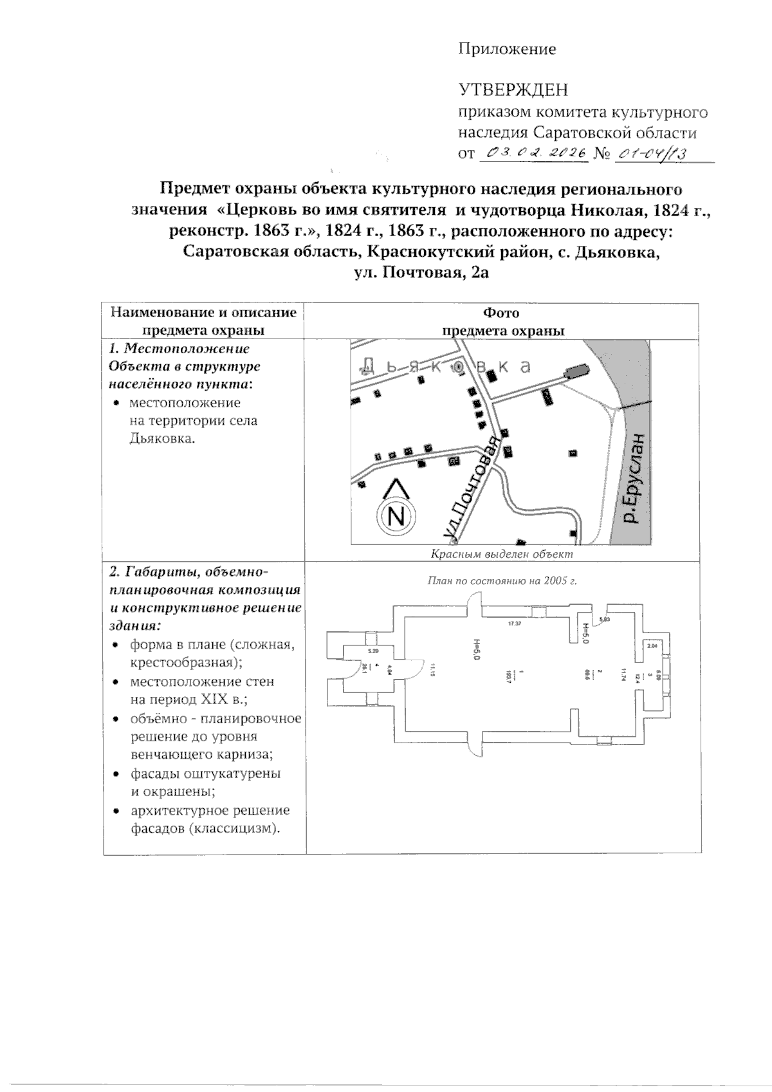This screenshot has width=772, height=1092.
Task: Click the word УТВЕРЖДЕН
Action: tap(512, 90)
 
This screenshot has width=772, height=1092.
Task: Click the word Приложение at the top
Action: tap(506, 49)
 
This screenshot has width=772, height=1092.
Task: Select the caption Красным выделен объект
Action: tap(501, 553)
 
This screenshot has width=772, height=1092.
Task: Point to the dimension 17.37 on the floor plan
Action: tap(513, 624)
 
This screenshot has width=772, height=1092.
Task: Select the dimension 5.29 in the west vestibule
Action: tap(373, 652)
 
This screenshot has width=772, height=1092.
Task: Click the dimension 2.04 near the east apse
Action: tap(652, 645)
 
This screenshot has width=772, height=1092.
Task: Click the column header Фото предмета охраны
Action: tap(502, 322)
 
